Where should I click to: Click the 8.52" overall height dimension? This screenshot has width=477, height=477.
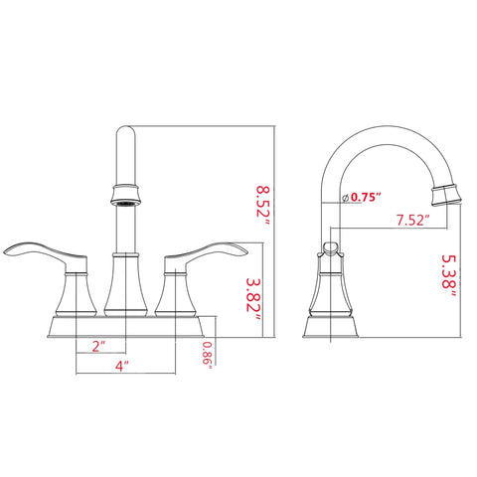tap(263, 206)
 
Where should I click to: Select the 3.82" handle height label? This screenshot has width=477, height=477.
tap(253, 299)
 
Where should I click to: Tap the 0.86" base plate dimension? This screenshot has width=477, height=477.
tap(208, 356)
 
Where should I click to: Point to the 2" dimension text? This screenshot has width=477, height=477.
tap(98, 347)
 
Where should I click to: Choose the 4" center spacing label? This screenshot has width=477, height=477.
tap(122, 366)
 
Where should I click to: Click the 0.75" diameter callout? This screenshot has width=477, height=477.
tap(366, 198)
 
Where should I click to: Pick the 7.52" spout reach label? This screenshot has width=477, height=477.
tap(413, 221)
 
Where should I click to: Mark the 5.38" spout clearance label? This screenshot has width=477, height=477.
tap(449, 275)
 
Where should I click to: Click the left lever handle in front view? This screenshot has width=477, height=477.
tap(47, 255)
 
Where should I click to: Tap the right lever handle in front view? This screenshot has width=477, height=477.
tap(206, 255)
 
